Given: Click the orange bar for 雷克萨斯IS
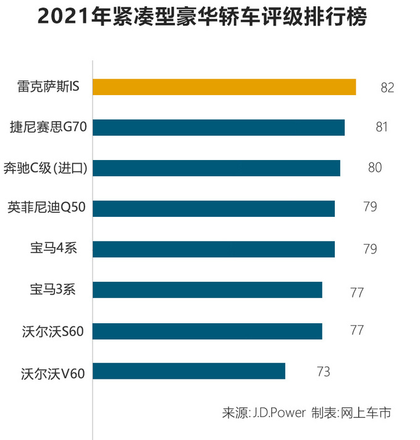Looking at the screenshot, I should (x=224, y=87).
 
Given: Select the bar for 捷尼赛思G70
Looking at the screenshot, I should (x=219, y=127).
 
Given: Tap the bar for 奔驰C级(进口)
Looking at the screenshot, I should (x=216, y=168).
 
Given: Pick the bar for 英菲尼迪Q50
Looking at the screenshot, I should (x=214, y=208).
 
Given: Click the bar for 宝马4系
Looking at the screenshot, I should (x=214, y=249).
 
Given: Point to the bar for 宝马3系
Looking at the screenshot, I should (x=208, y=290).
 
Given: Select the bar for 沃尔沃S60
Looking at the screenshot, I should (x=208, y=331).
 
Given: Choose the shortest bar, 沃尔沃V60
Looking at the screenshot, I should (x=189, y=371).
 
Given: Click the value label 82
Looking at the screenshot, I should (x=387, y=88).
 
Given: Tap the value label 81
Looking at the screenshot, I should (x=381, y=127).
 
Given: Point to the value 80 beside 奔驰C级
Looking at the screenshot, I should (x=375, y=167).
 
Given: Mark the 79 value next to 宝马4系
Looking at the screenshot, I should (x=370, y=249).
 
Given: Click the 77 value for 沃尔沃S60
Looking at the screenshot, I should (x=356, y=330).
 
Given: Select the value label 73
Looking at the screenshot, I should (x=323, y=372).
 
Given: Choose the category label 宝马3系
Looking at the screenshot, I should (x=52, y=289).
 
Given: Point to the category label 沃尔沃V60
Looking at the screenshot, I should (x=52, y=372).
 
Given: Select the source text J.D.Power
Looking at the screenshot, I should (x=279, y=413).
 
